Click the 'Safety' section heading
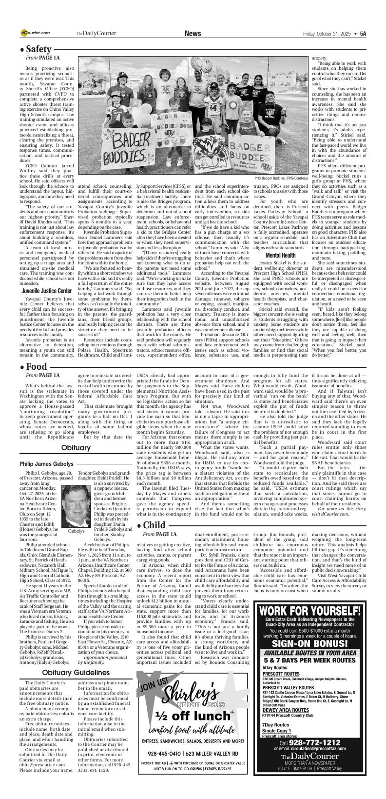coord(39,49)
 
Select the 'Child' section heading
coord(154,525)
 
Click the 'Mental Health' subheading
coord(280,255)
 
